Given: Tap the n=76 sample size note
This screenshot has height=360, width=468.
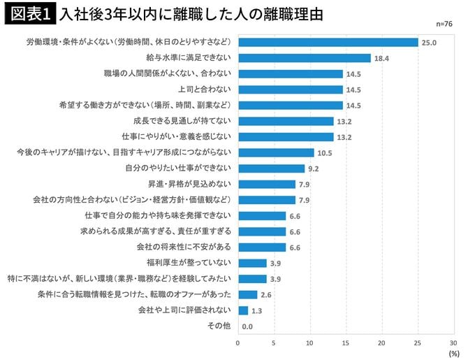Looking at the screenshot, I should (x=445, y=24).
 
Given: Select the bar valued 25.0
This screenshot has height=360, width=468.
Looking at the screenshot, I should (x=328, y=43).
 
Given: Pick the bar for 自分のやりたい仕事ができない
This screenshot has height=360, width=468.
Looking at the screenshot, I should (x=271, y=168).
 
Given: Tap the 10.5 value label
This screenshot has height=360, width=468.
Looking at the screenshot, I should (x=325, y=152).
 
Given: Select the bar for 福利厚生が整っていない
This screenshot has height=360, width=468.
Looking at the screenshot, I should (x=252, y=263).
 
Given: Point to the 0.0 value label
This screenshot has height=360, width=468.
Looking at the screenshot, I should (x=247, y=326).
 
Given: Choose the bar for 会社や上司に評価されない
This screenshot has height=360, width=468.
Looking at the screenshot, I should (x=242, y=310).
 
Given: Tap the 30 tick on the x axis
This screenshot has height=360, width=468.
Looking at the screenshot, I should (x=453, y=343).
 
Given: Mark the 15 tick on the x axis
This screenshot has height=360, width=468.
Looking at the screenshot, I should (x=346, y=343).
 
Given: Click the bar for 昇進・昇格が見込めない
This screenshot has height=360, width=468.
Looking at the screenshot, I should (x=266, y=184).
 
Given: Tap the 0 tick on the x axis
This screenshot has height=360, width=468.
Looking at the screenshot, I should (x=238, y=343).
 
